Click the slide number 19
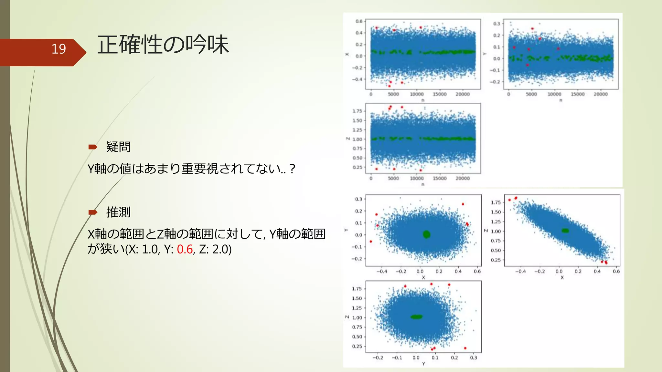pyautogui.click(x=59, y=49)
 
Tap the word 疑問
pyautogui.click(x=118, y=147)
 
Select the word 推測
pyautogui.click(x=118, y=212)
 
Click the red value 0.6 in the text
pyautogui.click(x=185, y=249)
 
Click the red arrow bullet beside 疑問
pyautogui.click(x=93, y=147)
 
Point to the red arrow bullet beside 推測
pyautogui.click(x=93, y=212)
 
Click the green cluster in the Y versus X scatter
pyautogui.click(x=427, y=234)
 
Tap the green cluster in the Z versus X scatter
pyautogui.click(x=565, y=231)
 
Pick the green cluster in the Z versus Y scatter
pyautogui.click(x=416, y=317)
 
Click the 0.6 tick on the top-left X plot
pyautogui.click(x=359, y=21)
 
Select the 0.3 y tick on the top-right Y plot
pyautogui.click(x=496, y=24)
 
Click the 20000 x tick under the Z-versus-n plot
pyautogui.click(x=463, y=178)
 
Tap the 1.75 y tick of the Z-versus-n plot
pyautogui.click(x=357, y=111)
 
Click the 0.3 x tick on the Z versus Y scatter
pyautogui.click(x=474, y=358)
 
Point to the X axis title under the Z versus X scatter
pyautogui.click(x=562, y=278)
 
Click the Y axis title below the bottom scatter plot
pyautogui.click(x=423, y=364)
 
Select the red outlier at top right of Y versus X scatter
pyautogui.click(x=463, y=204)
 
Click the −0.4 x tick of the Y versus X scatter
pyautogui.click(x=381, y=272)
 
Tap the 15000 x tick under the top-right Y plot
pyautogui.click(x=578, y=94)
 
